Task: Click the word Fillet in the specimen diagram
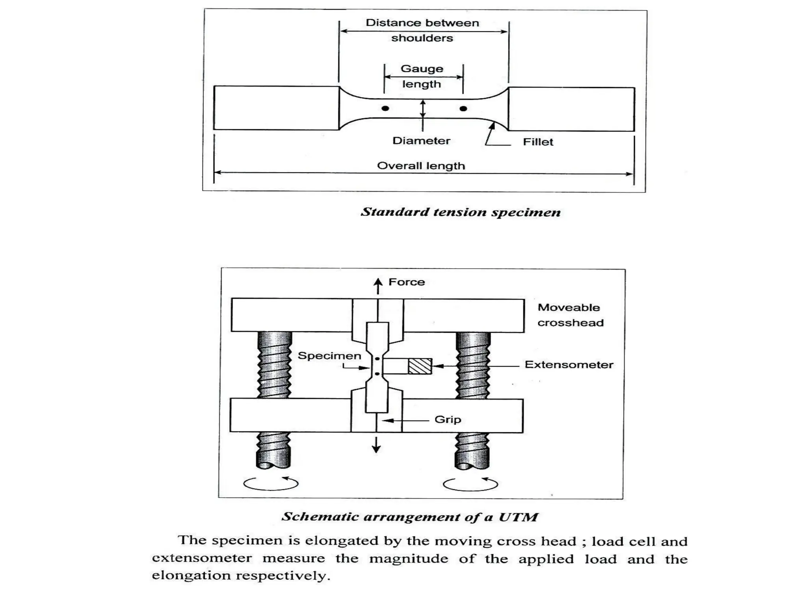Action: tap(538, 142)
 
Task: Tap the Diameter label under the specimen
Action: tap(421, 141)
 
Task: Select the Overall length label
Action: tap(421, 166)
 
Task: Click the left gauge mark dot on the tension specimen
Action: tap(385, 108)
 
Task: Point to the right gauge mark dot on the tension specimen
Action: tap(463, 108)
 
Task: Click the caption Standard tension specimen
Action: tap(461, 212)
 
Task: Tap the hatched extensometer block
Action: tap(420, 366)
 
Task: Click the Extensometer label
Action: tap(569, 365)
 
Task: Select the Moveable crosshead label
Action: tap(570, 315)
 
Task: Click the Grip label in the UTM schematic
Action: tap(448, 419)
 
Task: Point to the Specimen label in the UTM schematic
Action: tap(329, 356)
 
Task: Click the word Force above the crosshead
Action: tap(407, 282)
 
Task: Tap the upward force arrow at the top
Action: tap(378, 286)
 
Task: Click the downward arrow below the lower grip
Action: tap(376, 445)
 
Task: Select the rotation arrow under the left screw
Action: tap(271, 483)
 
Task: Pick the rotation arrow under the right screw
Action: tap(470, 483)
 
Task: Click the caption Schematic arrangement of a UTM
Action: tap(410, 517)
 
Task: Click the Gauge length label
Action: tap(422, 76)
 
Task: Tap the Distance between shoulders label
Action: tap(422, 30)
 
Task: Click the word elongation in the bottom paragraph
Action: tap(191, 575)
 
